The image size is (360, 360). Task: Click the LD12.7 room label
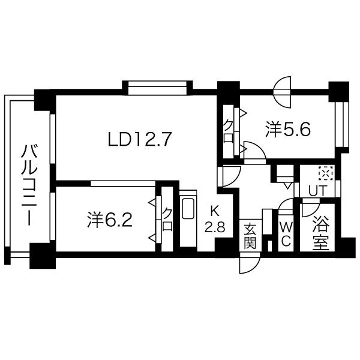[140, 139]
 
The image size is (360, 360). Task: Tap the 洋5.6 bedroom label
[288, 130]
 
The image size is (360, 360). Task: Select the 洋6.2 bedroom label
[110, 220]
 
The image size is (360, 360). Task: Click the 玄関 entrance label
[250, 237]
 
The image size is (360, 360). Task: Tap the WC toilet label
[286, 235]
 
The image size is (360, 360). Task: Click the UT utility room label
[317, 190]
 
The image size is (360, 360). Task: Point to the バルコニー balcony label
[29, 185]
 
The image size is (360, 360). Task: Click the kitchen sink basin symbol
[188, 209]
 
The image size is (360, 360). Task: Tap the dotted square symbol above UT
[326, 174]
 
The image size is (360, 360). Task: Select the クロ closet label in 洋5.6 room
[229, 131]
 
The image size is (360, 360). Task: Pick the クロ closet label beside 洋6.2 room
[167, 219]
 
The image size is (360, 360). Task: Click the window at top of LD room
[157, 88]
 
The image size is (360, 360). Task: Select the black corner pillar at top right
[339, 91]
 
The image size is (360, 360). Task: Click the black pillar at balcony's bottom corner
[43, 256]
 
